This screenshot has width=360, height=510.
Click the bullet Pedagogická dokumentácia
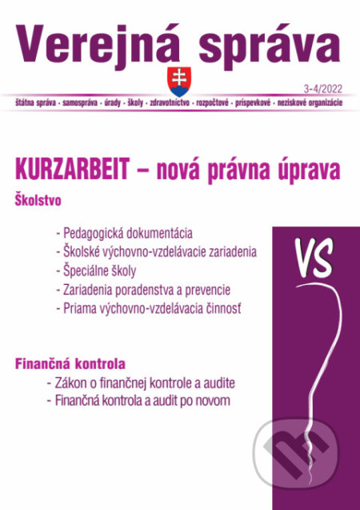pyautogui.click(x=124, y=233)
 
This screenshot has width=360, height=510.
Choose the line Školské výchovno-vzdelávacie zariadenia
pyautogui.click(x=156, y=251)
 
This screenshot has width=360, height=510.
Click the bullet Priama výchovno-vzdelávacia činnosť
pyautogui.click(x=152, y=307)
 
